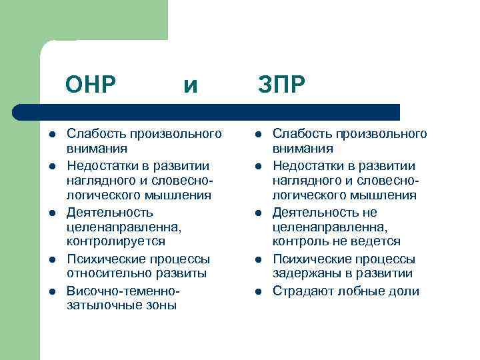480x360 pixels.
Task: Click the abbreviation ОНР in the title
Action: (91, 85)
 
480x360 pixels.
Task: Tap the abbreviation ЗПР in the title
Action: (282, 85)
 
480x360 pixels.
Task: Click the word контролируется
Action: (116, 241)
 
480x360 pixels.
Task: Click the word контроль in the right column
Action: (301, 241)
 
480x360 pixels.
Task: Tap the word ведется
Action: (376, 241)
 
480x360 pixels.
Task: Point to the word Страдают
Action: (301, 291)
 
